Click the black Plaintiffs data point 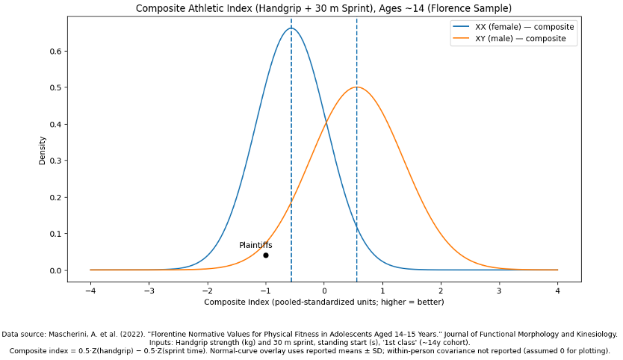click(266, 255)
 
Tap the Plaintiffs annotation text click(255, 245)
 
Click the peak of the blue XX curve click(291, 28)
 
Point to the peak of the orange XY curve click(356, 87)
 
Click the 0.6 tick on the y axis click(55, 52)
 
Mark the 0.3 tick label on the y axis click(55, 161)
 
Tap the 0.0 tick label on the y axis click(55, 270)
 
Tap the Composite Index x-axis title click(323, 302)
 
